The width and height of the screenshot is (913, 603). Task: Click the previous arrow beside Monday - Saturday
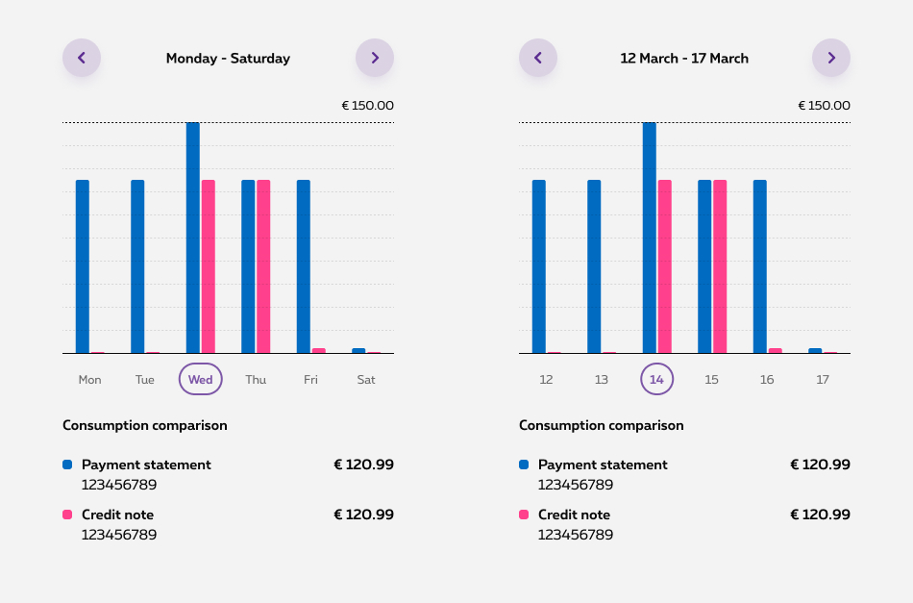pos(82,58)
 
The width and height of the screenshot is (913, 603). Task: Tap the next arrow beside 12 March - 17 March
pos(831,58)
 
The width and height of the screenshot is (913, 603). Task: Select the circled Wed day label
pos(200,379)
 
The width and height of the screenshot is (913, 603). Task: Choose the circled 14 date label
pos(657,379)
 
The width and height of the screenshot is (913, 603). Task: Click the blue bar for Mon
pos(83,266)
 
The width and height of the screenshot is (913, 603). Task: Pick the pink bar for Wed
pos(208,266)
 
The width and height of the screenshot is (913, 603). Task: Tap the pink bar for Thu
pos(263,266)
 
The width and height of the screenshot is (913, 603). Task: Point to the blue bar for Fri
pos(304,266)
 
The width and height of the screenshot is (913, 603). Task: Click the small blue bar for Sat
pos(358,351)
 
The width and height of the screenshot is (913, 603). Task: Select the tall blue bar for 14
pos(650,238)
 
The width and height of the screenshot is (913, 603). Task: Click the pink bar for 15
pos(720,266)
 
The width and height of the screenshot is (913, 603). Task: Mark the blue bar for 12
pos(539,266)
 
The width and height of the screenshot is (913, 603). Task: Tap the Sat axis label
pos(366,380)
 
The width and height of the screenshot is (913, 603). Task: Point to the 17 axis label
pos(823,380)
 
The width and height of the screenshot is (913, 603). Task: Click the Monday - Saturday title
pos(228,59)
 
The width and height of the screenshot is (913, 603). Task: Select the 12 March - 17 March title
pos(684,59)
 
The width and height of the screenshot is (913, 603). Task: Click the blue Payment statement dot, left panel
pos(67,465)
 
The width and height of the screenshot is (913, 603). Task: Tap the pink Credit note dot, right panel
pos(524,515)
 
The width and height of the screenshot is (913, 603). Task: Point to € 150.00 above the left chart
pos(367,106)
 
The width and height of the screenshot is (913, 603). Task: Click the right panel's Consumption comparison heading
pos(602,425)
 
